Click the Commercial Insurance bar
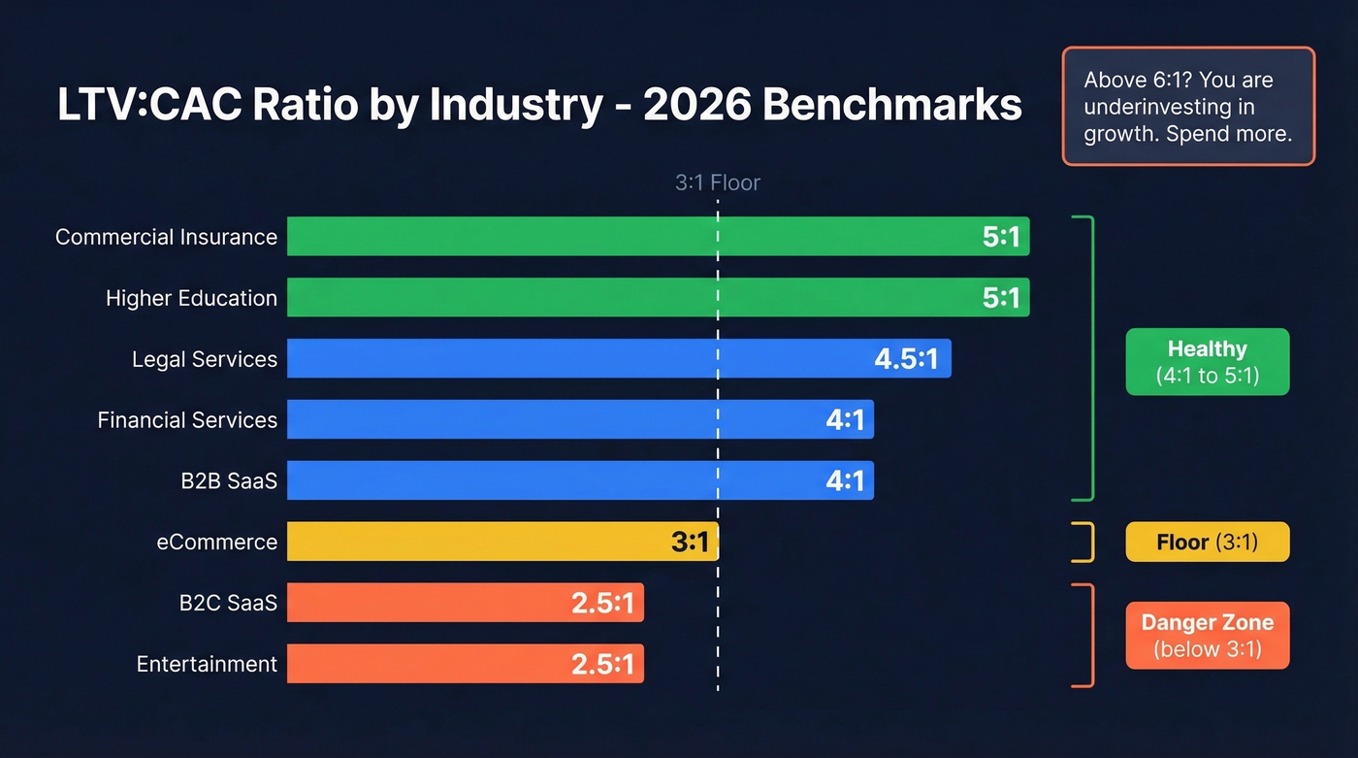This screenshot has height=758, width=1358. [630, 236]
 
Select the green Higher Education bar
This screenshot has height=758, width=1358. [630, 297]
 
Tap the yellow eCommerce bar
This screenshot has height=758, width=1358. [485, 542]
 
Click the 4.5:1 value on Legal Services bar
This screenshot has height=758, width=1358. [906, 359]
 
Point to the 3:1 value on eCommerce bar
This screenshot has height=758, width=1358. [690, 542]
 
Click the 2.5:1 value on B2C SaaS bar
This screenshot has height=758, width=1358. [601, 603]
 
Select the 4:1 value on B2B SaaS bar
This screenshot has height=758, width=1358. [844, 480]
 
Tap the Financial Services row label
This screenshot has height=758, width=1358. [187, 420]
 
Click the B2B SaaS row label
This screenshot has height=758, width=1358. [228, 480]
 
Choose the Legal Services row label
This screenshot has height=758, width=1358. [205, 359]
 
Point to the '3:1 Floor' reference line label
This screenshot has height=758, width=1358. [717, 182]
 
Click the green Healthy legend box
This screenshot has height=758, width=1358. [1207, 362]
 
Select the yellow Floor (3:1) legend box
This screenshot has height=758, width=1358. [1207, 542]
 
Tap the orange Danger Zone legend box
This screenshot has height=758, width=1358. [1207, 636]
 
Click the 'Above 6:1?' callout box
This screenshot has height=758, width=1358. [1188, 106]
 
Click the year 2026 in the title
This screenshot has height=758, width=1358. [695, 105]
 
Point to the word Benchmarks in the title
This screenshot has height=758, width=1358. [891, 105]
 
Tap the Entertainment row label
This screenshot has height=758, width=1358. [207, 664]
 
